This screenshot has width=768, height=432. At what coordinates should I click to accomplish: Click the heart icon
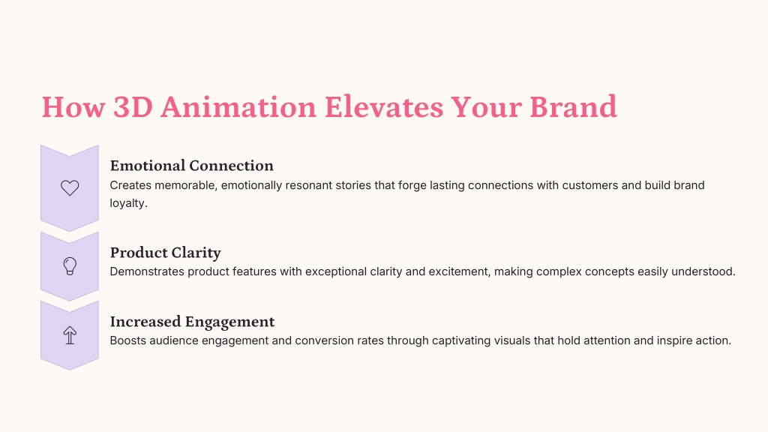70,187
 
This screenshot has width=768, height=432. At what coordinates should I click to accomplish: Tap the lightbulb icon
70,266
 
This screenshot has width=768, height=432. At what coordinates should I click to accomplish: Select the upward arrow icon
70,335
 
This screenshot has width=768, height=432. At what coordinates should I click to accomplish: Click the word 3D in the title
133,106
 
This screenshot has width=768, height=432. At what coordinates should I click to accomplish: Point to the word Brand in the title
573,106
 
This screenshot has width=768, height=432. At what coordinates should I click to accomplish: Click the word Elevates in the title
383,106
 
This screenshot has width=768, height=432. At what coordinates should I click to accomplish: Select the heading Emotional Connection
191,166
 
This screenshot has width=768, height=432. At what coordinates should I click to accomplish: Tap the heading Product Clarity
166,253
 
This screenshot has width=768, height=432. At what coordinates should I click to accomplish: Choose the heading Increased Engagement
193,322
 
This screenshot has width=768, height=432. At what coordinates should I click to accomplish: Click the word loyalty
128,203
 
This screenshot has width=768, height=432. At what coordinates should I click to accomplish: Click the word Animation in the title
238,106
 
